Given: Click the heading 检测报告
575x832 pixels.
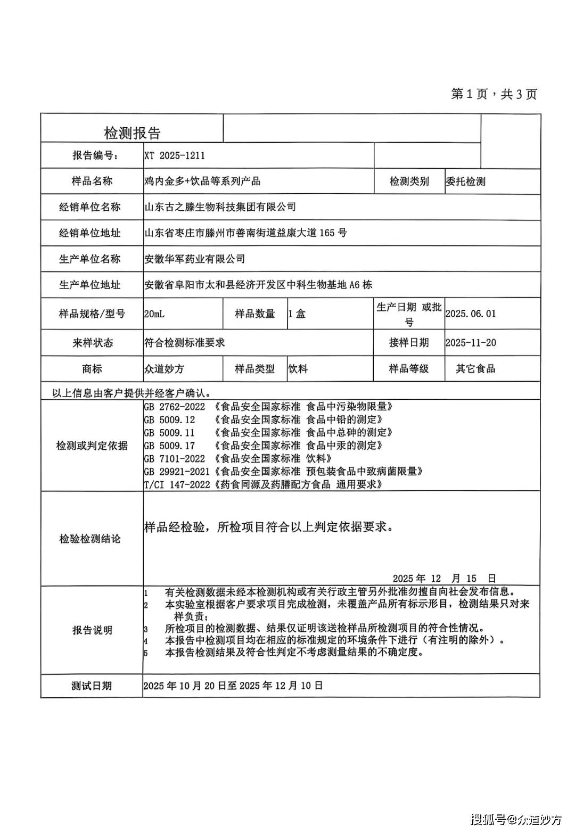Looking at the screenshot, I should click(x=132, y=133).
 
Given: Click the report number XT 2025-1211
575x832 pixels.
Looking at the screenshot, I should click(x=175, y=156).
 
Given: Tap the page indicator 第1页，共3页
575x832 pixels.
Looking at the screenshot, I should click(x=494, y=94).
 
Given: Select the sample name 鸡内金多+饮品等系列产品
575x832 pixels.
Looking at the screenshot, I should click(x=202, y=181).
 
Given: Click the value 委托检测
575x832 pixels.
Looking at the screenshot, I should click(x=466, y=182).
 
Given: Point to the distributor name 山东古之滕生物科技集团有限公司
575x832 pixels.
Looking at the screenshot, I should click(x=220, y=207).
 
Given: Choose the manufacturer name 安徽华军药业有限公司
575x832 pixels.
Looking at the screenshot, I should click(x=195, y=259).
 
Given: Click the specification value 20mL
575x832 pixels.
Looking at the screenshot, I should click(x=154, y=314).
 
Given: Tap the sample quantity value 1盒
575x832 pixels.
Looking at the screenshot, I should click(x=297, y=314).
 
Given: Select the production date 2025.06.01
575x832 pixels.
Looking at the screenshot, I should click(x=471, y=314).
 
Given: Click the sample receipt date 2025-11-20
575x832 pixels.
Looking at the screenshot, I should click(x=471, y=343).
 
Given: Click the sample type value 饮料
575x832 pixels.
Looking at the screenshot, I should click(x=298, y=369).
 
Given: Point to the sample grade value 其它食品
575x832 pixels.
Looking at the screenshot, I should click(x=475, y=369).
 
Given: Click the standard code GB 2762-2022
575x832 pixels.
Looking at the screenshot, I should click(x=175, y=407).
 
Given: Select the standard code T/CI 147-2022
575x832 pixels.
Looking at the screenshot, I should click(x=177, y=484).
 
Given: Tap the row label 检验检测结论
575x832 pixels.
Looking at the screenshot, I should click(x=90, y=539).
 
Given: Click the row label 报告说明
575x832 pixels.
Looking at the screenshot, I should click(x=92, y=630).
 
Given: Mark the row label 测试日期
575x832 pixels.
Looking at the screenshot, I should click(x=92, y=686).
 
